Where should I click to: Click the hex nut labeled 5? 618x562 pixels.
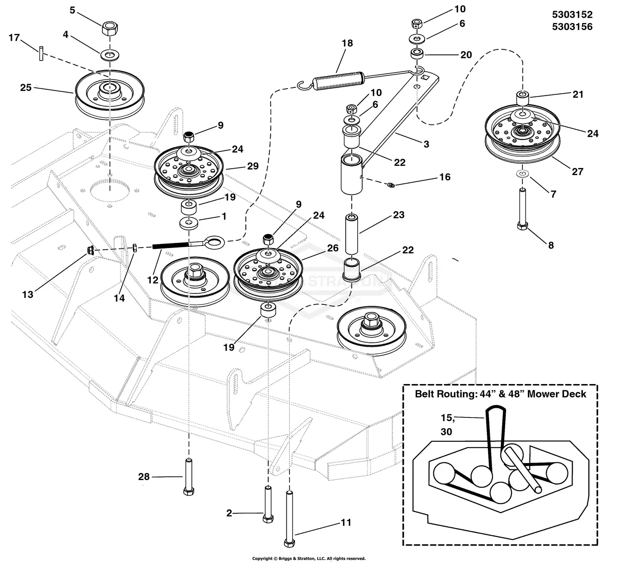[x=110, y=29]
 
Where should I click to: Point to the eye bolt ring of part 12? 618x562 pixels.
[x=215, y=242]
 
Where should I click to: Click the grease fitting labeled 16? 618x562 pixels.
[x=391, y=185]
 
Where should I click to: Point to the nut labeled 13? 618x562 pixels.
[x=91, y=250]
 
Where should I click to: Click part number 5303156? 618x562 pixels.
[x=572, y=27]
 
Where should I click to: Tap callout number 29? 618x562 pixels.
[x=253, y=166]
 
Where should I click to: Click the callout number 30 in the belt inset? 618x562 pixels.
[x=446, y=432]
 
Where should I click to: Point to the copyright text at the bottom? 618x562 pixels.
[x=309, y=558]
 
